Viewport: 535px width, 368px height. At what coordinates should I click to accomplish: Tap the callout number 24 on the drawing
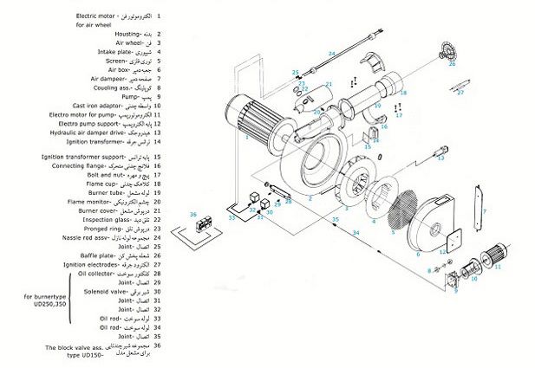331,54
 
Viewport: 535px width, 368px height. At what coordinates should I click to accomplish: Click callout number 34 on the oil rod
355,232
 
